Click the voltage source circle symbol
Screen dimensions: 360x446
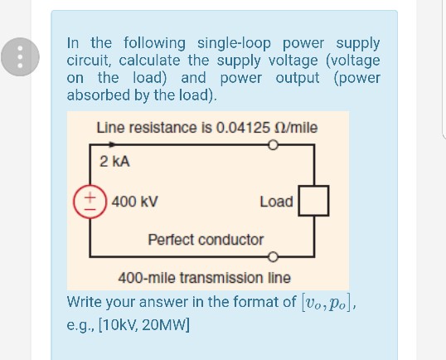(90, 201)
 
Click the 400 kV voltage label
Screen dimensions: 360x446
(133, 201)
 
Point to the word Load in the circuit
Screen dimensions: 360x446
(276, 202)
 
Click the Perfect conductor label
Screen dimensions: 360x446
(206, 239)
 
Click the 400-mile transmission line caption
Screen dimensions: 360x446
(205, 278)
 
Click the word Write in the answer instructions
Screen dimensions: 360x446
(85, 300)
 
